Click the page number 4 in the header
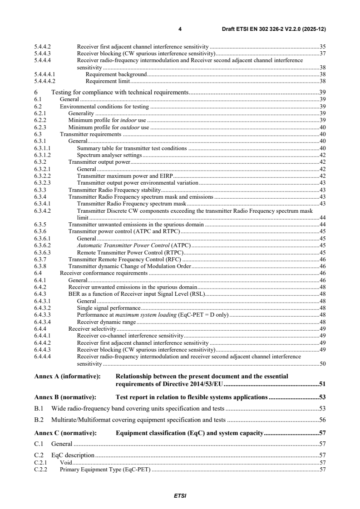click(180, 29)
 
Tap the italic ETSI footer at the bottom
click(180, 495)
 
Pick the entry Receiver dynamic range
click(107, 322)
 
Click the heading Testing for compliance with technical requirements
click(120, 92)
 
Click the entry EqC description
click(73, 455)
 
